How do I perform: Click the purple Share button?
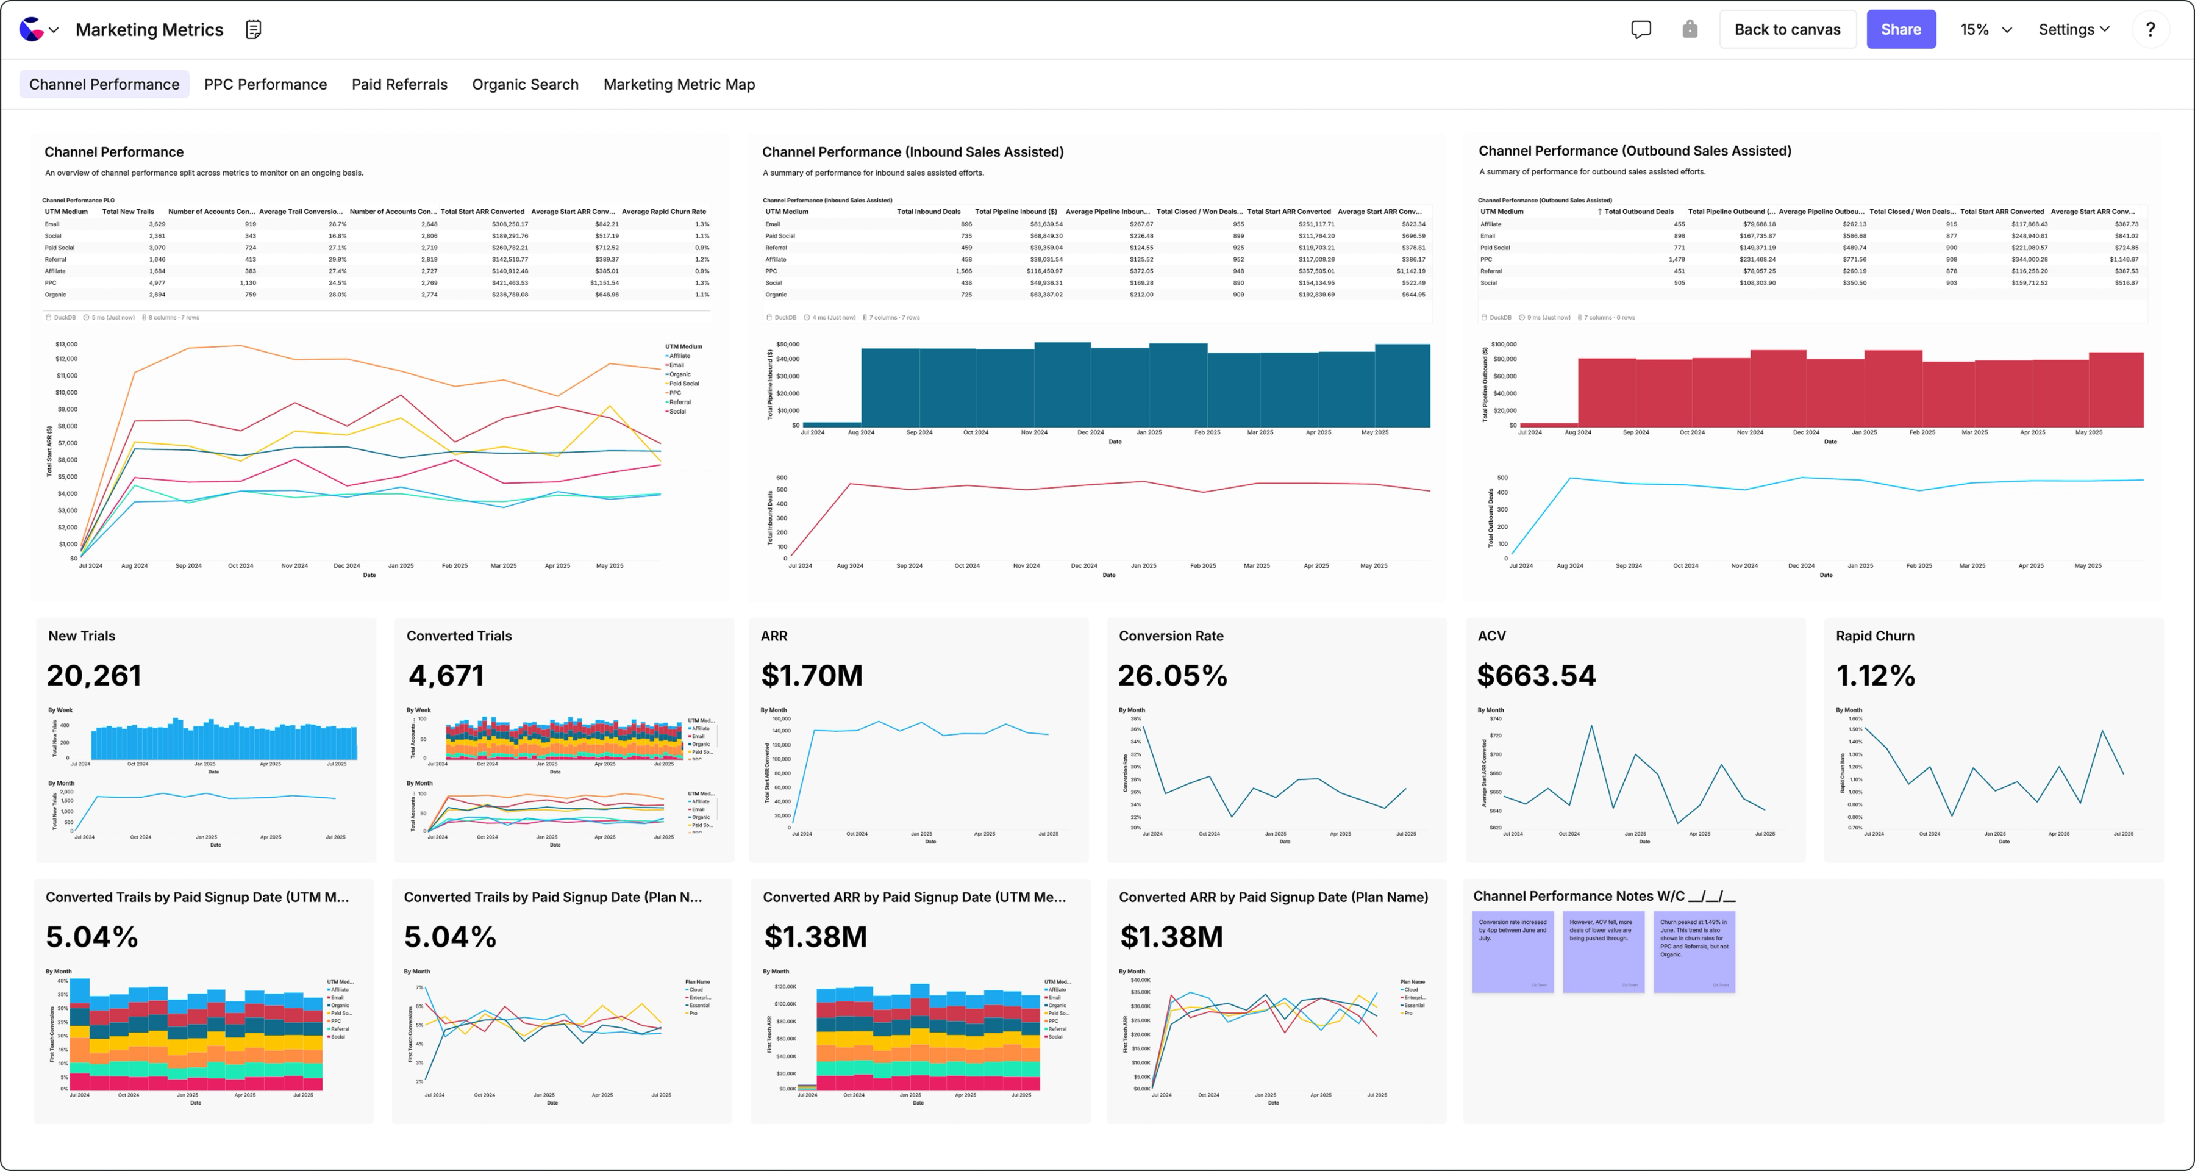(1900, 29)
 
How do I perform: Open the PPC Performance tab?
(265, 84)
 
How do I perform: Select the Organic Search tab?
(525, 84)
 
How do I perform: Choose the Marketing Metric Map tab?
(678, 84)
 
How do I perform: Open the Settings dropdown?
(2073, 29)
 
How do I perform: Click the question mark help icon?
(2150, 29)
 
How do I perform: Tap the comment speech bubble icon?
(1640, 29)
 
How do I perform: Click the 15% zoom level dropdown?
(1985, 29)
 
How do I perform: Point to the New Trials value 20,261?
(94, 675)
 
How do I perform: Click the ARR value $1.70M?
(811, 675)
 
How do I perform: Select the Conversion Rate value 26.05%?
(1172, 675)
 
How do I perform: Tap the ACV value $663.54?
(1535, 675)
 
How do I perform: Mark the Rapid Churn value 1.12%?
(1875, 675)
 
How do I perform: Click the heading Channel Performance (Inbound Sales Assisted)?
(912, 152)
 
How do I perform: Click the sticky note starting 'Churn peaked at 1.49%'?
(1693, 951)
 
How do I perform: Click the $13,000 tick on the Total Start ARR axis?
(66, 345)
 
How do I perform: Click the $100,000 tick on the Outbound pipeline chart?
(1502, 345)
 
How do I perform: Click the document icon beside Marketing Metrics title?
(253, 29)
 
